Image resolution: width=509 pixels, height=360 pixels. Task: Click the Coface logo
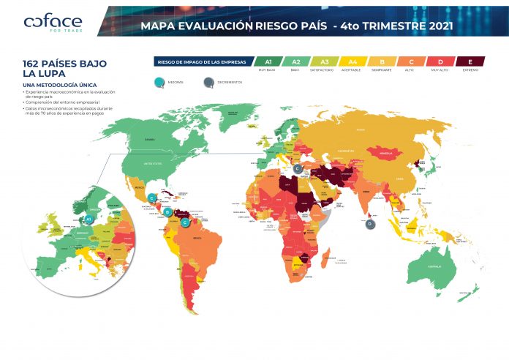53,24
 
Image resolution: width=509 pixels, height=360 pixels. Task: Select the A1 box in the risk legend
268,62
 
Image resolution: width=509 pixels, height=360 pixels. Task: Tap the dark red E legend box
470,62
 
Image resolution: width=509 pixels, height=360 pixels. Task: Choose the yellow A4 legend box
352,62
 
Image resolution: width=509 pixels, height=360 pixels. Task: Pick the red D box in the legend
440,62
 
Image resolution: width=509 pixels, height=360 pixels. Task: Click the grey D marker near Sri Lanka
371,225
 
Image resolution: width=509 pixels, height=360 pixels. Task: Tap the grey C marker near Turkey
298,168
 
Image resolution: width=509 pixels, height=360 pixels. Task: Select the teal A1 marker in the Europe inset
88,218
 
